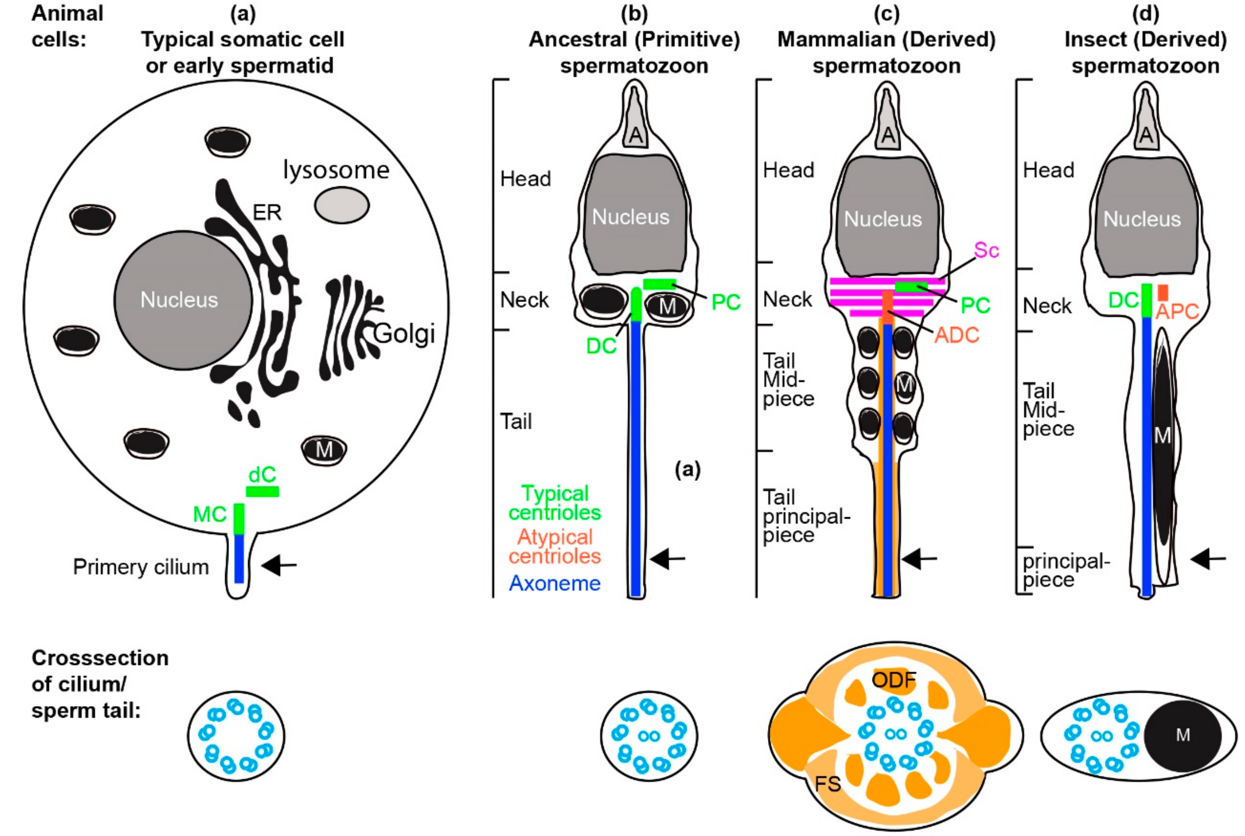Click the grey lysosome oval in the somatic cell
pyautogui.click(x=341, y=205)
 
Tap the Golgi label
pyautogui.click(x=404, y=334)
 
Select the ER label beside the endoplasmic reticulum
pyautogui.click(x=267, y=213)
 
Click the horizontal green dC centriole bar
pyautogui.click(x=262, y=491)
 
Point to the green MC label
pyautogui.click(x=210, y=515)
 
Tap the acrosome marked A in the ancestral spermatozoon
pyautogui.click(x=635, y=135)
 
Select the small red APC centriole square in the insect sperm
pyautogui.click(x=1163, y=292)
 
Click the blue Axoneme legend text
pyautogui.click(x=555, y=583)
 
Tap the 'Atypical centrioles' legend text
pyautogui.click(x=555, y=546)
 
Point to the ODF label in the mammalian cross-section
pyautogui.click(x=894, y=680)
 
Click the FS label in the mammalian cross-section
pyautogui.click(x=828, y=784)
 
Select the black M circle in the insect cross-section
pyautogui.click(x=1182, y=736)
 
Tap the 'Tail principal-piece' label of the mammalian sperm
pyautogui.click(x=805, y=516)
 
